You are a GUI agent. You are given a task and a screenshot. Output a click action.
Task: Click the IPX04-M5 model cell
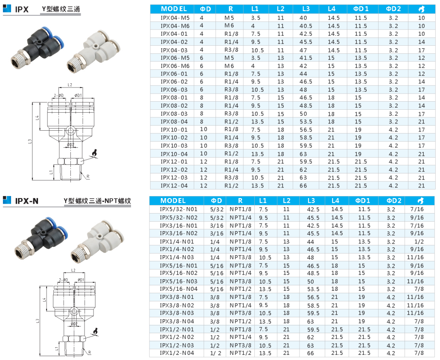point(175,18)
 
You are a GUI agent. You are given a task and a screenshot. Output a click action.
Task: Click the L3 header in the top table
point(306,9)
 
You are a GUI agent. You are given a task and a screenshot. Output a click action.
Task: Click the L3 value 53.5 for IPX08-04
point(306,122)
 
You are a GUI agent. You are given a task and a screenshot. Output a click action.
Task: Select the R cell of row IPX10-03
point(231,146)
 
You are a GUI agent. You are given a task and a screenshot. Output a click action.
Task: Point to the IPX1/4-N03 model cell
point(177,257)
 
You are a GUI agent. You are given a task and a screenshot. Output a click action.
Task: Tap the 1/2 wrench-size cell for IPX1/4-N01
point(419,242)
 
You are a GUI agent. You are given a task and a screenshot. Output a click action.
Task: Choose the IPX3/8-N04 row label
point(177,321)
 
